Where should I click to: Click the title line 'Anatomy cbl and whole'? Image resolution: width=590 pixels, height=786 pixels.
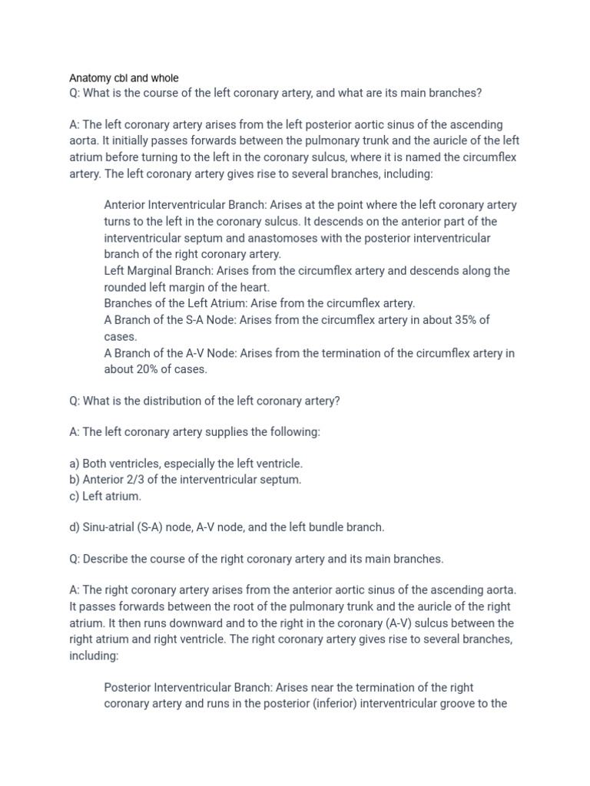pyautogui.click(x=124, y=78)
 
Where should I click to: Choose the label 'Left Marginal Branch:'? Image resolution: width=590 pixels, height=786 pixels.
pyautogui.click(x=159, y=271)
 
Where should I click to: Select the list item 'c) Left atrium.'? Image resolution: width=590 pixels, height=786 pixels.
pyautogui.click(x=105, y=497)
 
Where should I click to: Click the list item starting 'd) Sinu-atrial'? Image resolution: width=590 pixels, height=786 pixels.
pyautogui.click(x=227, y=527)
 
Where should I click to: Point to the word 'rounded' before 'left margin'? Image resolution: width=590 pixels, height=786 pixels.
pyautogui.click(x=126, y=287)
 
